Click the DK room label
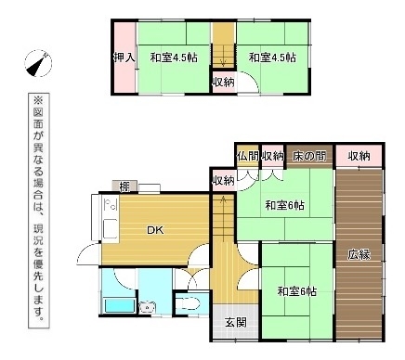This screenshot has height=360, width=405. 155,230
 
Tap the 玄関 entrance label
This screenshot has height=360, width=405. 236,323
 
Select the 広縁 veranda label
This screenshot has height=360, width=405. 359,255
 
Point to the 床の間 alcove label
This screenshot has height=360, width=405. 309,156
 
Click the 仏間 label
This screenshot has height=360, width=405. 248,156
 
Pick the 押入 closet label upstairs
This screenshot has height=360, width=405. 124,58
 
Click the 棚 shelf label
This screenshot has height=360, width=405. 124,186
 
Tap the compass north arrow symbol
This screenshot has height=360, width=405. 38,63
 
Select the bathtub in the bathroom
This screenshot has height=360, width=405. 119,306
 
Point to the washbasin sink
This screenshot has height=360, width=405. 148,307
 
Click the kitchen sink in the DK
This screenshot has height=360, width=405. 111,229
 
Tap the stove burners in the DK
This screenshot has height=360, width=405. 111,204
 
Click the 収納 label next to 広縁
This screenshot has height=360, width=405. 359,156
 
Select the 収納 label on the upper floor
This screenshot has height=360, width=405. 223,83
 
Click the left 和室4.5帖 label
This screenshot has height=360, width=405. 174,58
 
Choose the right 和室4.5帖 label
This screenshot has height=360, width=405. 272,58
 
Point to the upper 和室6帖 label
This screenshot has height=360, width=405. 284,205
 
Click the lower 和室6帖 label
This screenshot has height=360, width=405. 296,291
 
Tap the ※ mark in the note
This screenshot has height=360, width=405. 39,100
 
